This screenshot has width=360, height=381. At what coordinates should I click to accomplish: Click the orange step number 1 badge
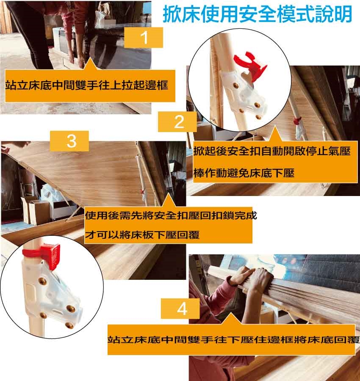[x=144, y=37]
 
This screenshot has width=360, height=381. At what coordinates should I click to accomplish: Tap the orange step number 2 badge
[x=177, y=122]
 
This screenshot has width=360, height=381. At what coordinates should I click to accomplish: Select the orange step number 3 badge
[x=69, y=141]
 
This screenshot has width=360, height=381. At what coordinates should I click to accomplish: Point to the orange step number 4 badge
[x=180, y=309]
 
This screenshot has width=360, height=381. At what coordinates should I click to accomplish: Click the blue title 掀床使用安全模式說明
[x=257, y=14]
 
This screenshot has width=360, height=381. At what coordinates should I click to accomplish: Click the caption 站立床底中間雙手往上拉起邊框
[x=86, y=85]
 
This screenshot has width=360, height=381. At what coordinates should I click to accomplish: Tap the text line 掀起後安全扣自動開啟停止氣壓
[x=272, y=152]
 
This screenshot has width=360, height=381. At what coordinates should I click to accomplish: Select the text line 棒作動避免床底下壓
[x=244, y=173]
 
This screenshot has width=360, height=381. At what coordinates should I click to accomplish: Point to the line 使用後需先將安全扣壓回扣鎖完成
[x=171, y=215]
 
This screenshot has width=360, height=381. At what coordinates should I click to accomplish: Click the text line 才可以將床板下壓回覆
[x=142, y=235]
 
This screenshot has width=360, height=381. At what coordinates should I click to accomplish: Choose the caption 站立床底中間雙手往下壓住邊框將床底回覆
[x=233, y=340]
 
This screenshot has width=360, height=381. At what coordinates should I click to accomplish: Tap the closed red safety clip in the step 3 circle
[x=42, y=255]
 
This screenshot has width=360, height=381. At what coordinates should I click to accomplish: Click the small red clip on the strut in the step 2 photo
[x=297, y=120]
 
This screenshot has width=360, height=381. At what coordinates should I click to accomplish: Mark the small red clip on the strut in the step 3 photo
[x=142, y=192]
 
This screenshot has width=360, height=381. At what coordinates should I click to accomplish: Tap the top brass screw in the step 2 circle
[x=235, y=85]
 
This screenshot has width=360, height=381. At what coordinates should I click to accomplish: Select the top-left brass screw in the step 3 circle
[x=42, y=281]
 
